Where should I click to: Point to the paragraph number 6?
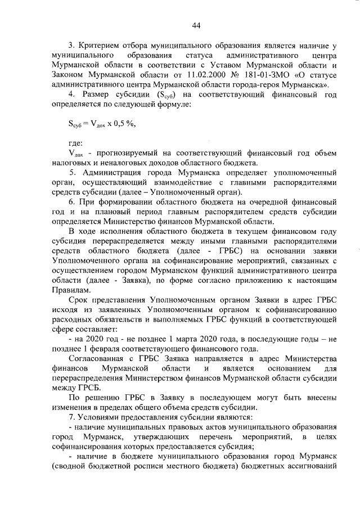coord(71,201)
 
